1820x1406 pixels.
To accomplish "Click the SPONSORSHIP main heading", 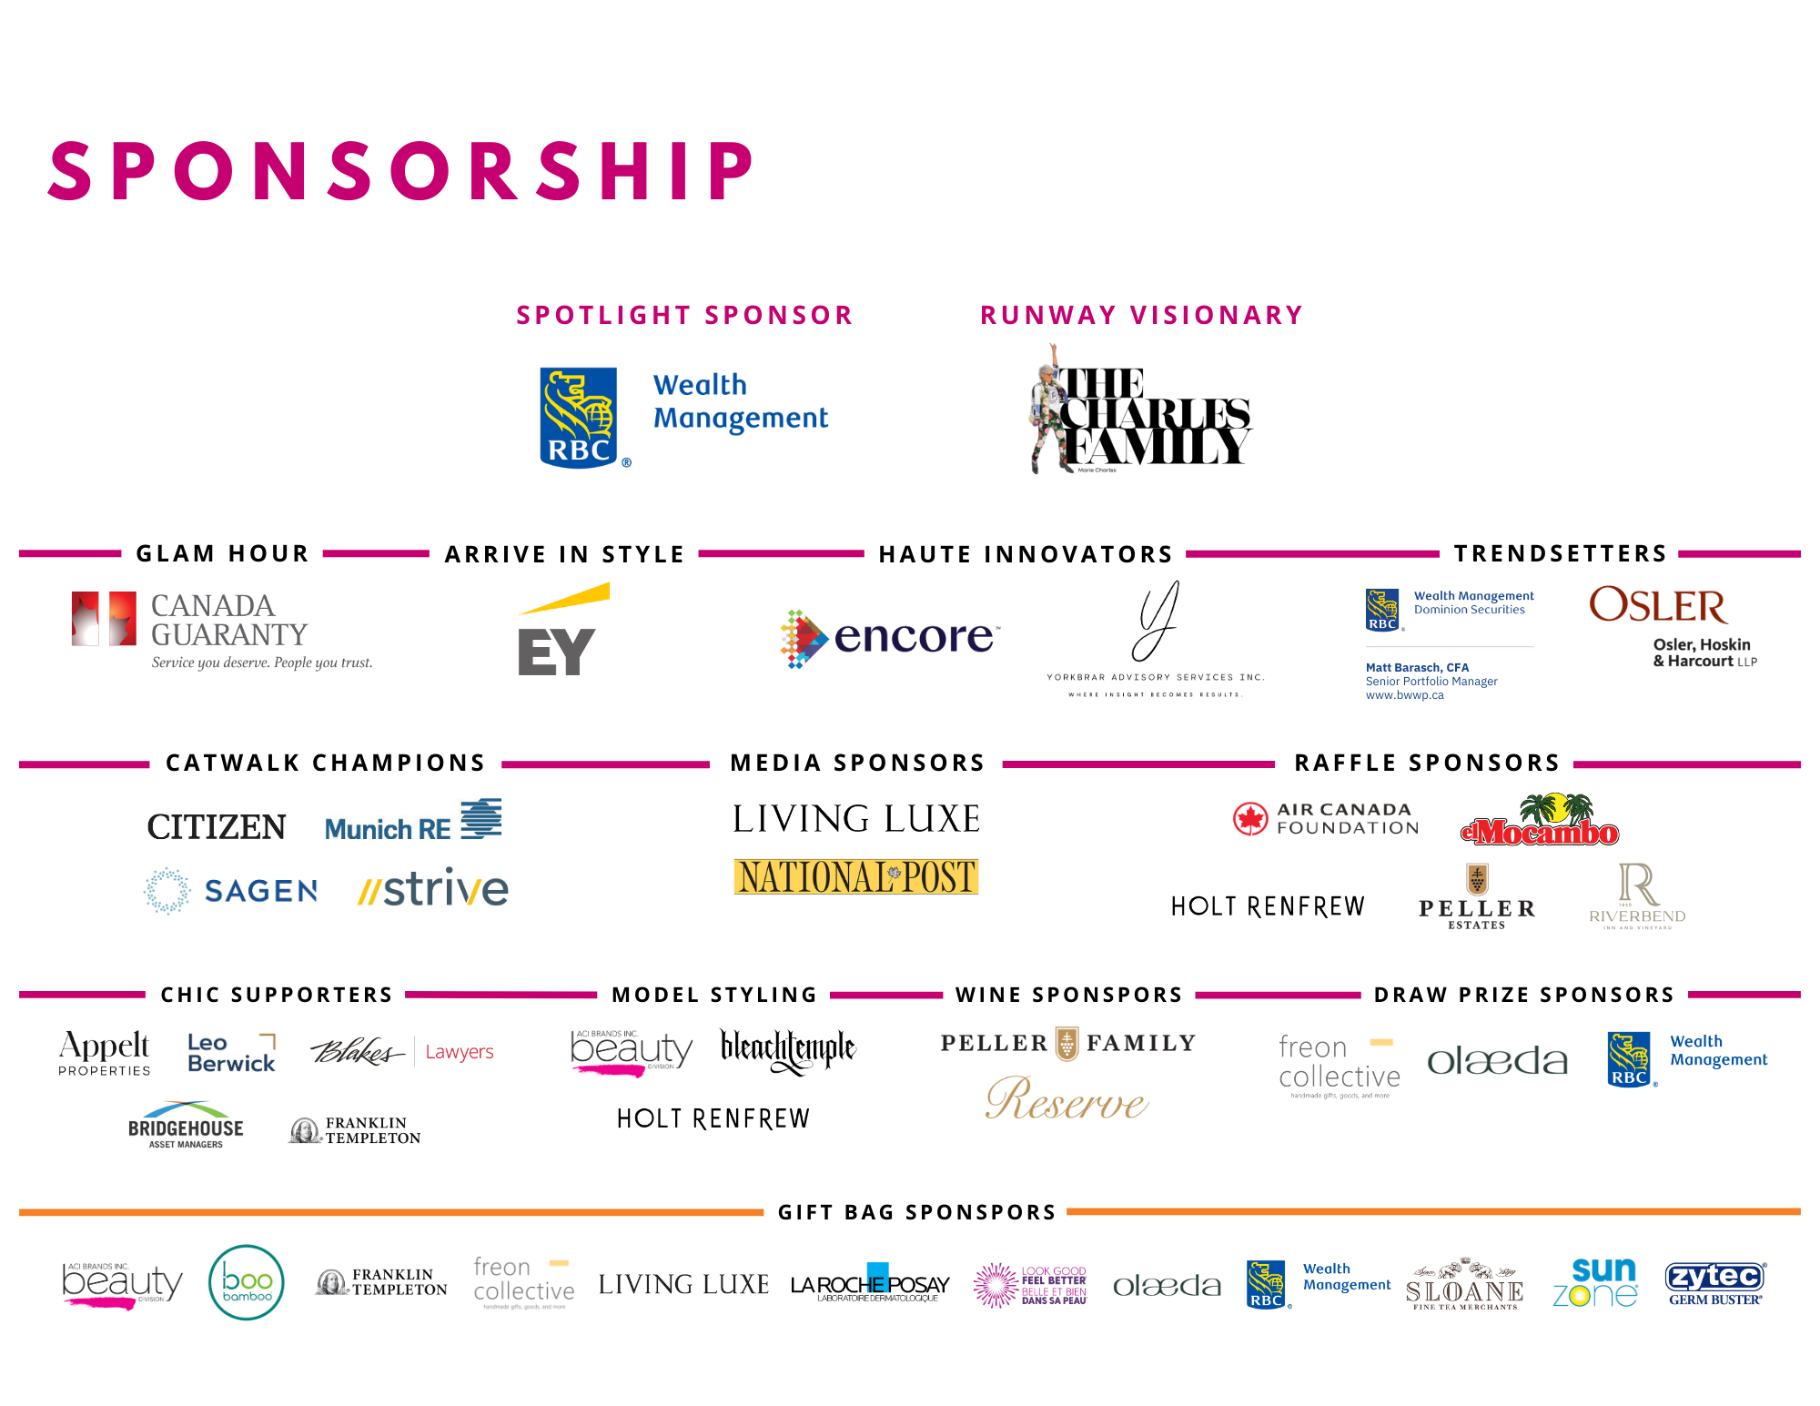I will click(x=400, y=171).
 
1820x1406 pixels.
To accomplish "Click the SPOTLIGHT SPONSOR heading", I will click(x=684, y=315).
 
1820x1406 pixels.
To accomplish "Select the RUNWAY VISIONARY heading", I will click(x=1141, y=315).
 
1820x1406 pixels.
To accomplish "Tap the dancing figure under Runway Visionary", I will click(x=1051, y=410).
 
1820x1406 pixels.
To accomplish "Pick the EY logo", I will click(x=564, y=629).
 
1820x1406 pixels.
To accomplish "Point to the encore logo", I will click(x=890, y=637).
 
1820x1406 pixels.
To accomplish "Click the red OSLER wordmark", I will click(x=1658, y=606).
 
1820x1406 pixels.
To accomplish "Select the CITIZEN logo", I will click(x=217, y=826).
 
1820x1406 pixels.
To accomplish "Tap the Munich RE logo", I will click(x=413, y=820).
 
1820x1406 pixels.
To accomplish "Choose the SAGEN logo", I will click(x=230, y=891).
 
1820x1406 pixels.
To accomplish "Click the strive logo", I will click(x=433, y=889).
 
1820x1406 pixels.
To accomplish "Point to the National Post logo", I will click(x=855, y=876).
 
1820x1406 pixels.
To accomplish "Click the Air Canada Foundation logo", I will click(x=1326, y=819).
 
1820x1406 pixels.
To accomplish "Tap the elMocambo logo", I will click(x=1540, y=821).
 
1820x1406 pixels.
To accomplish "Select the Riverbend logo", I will click(x=1637, y=897).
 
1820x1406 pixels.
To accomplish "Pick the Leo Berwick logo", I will click(x=232, y=1053).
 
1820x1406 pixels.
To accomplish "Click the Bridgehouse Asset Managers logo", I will click(x=186, y=1126).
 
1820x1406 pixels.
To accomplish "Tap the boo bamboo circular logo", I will click(x=247, y=1282).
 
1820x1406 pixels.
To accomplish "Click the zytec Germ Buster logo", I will click(x=1714, y=1283).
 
